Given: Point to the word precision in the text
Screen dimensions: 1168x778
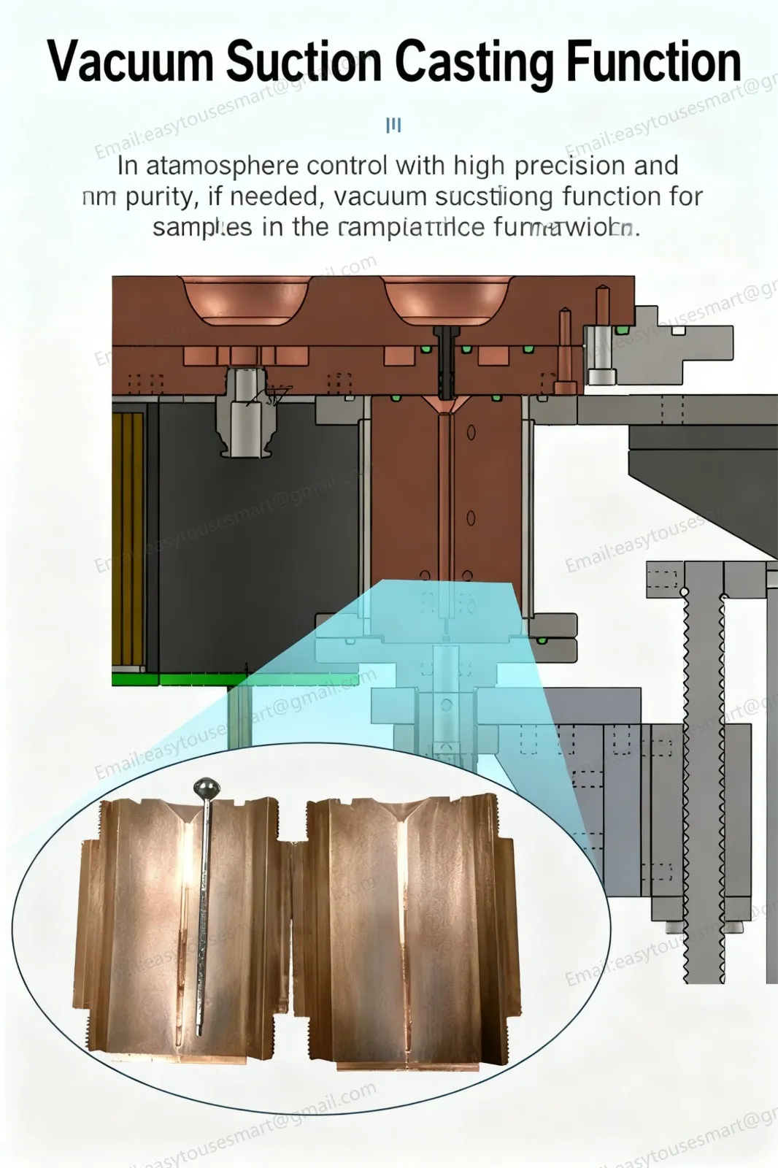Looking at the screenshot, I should [570, 166].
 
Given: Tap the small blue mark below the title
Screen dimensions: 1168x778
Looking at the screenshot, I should [393, 126].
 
